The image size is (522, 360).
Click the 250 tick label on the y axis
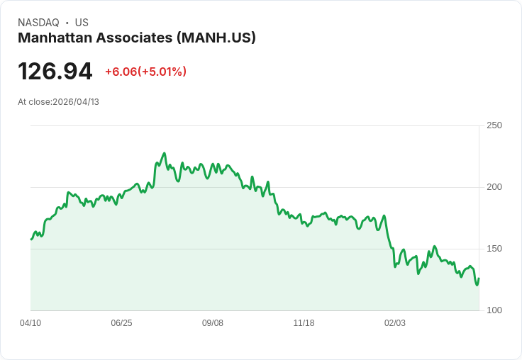point(494,125)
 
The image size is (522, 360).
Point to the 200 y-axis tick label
point(494,187)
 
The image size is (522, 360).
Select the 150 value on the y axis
point(494,249)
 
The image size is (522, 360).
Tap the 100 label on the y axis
point(494,310)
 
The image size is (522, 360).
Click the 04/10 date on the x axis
point(30,323)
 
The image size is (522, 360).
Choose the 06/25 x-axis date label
point(121,323)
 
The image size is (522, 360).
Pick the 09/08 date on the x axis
point(213,323)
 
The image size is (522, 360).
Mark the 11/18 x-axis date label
point(304,323)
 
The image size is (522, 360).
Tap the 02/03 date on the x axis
point(395,323)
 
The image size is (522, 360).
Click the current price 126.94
point(55,72)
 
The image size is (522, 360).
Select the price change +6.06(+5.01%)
point(145,72)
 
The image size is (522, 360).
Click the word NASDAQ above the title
point(38,23)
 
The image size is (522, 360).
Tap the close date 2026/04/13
point(76,102)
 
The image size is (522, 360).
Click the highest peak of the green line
point(164,153)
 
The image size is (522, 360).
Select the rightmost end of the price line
point(479,279)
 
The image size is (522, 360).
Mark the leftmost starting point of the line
point(31,239)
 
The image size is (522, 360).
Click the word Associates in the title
point(135,38)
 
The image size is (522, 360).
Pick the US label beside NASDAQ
point(82,23)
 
